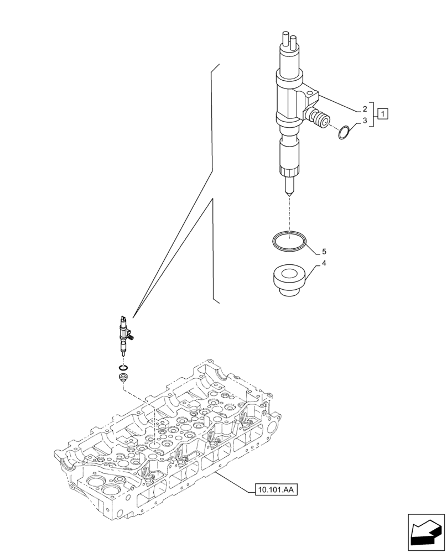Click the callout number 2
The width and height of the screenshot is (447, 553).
point(365,109)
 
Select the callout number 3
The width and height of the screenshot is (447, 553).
point(365,120)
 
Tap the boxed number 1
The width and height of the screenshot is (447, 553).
point(383,114)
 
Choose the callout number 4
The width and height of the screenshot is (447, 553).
point(324,263)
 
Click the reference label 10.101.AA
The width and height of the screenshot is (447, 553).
point(277,489)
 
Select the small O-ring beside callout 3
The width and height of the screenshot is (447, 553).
point(345,133)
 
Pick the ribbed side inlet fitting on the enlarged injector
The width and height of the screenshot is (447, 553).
point(319,118)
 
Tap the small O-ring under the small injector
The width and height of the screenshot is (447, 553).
point(123,368)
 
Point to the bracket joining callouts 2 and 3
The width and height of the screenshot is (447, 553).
point(375,114)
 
